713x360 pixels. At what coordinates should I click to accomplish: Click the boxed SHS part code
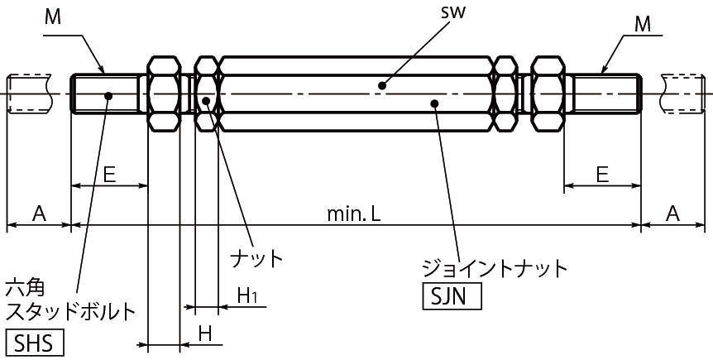click(35, 342)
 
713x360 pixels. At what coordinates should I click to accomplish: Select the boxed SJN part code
click(451, 296)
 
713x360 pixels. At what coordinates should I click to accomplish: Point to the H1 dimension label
click(247, 295)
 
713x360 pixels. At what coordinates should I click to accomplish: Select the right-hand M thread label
click(644, 25)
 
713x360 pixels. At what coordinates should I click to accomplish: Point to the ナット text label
click(256, 257)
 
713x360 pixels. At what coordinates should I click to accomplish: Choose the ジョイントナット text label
click(495, 268)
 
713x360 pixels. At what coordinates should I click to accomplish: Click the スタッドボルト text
click(70, 312)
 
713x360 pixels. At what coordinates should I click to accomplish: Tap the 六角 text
click(25, 288)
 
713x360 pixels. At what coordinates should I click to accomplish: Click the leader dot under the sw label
click(381, 84)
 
